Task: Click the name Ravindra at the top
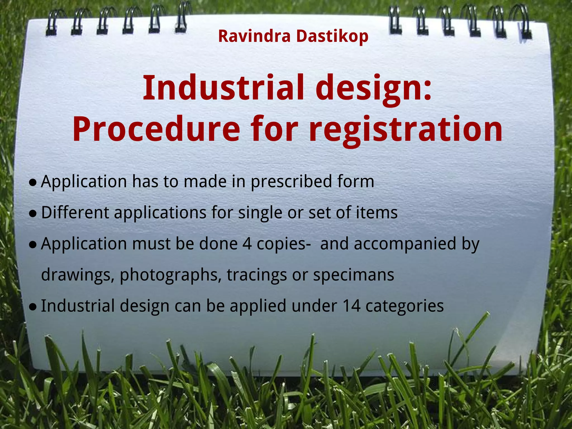coord(254,36)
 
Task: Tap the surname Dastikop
coord(332,36)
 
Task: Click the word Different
coord(75,213)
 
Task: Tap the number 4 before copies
coord(247,244)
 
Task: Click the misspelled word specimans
coord(353,275)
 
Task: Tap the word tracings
coord(257,275)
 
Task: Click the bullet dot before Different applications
coord(33,214)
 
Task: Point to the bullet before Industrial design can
coord(33,307)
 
